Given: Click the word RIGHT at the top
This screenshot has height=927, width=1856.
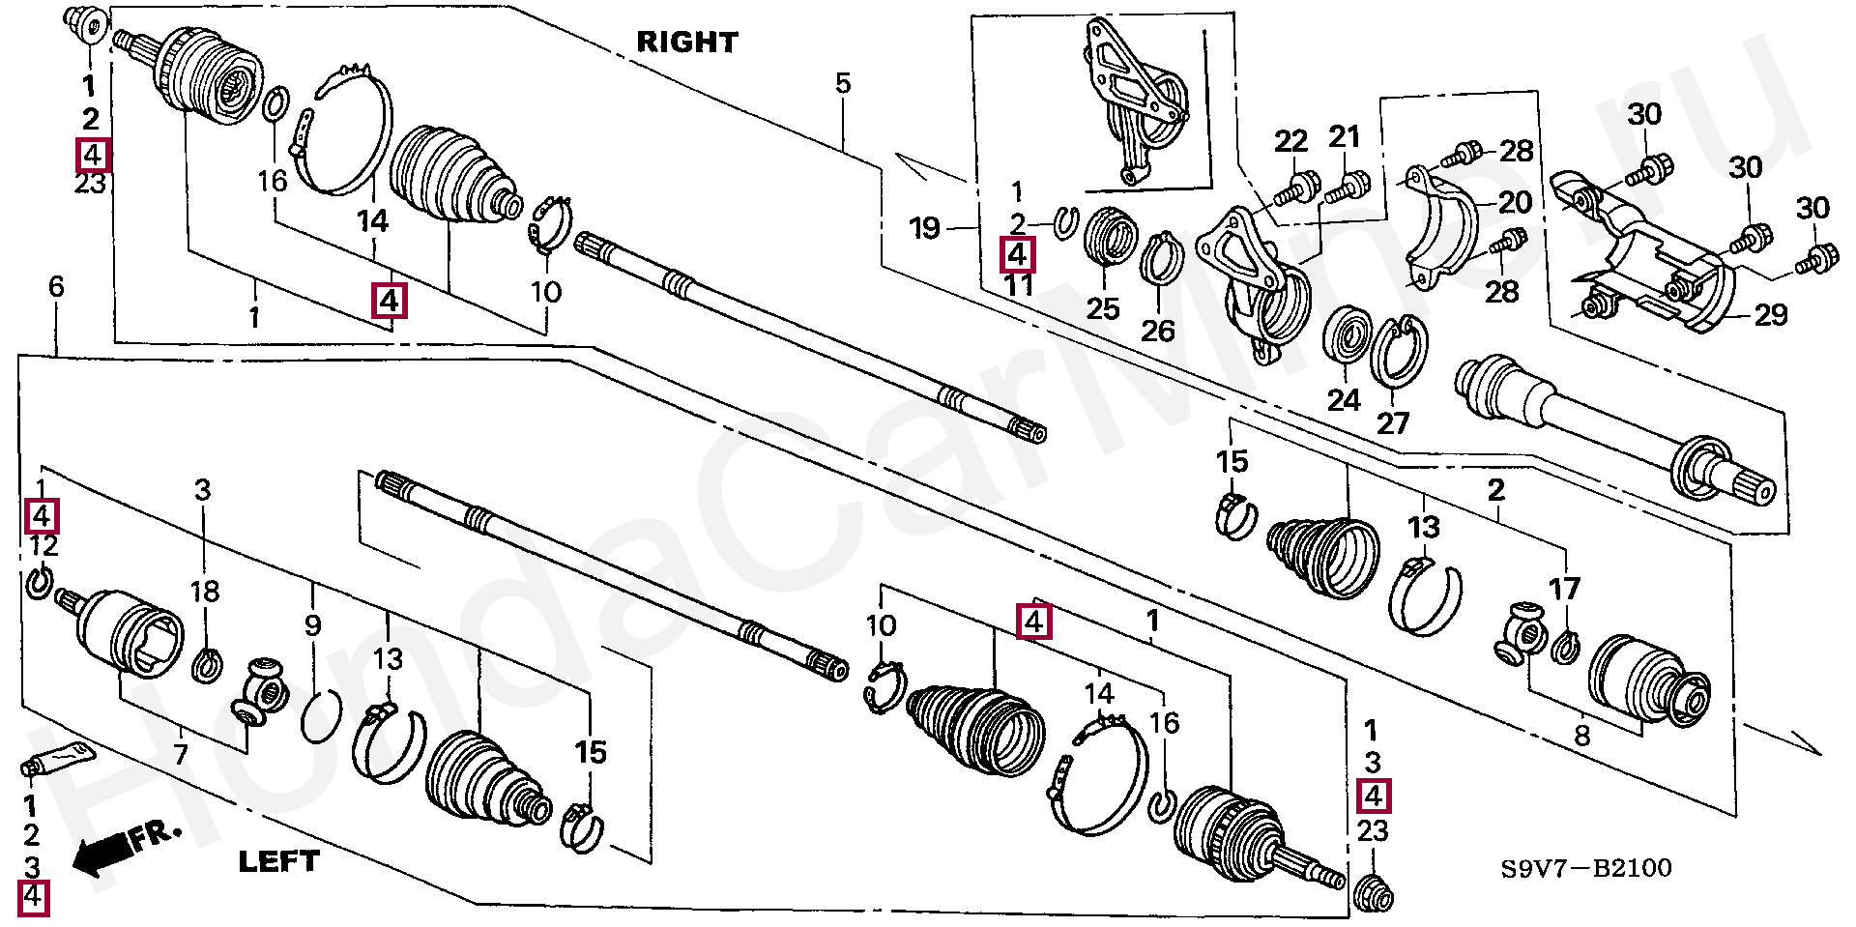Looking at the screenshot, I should coord(686,43).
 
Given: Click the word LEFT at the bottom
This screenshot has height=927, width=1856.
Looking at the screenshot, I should coord(278,860).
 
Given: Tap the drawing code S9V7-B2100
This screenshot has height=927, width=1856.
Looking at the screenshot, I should coord(1585,868).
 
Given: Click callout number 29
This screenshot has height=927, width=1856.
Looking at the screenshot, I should coord(1771,314).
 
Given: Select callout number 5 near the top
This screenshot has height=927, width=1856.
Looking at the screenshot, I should coord(843,83).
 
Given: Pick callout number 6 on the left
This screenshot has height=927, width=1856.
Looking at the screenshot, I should coord(56,286).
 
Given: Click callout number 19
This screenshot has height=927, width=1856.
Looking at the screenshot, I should coord(925,229).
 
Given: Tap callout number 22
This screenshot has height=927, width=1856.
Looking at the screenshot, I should coord(1290,141).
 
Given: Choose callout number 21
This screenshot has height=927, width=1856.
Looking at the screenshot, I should coord(1344,137).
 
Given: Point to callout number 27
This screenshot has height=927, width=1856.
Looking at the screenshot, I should coord(1393,421).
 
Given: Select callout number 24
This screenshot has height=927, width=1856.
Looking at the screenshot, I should coord(1344,399).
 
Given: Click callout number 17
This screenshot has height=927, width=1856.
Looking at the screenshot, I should coord(1564,588).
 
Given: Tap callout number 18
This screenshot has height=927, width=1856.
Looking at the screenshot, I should coord(204,592).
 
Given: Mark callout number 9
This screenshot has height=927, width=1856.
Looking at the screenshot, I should coord(312,626).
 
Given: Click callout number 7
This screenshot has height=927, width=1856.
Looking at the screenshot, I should coord(181,754).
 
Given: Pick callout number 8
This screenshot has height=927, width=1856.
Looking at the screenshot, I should coord(1581,737).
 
